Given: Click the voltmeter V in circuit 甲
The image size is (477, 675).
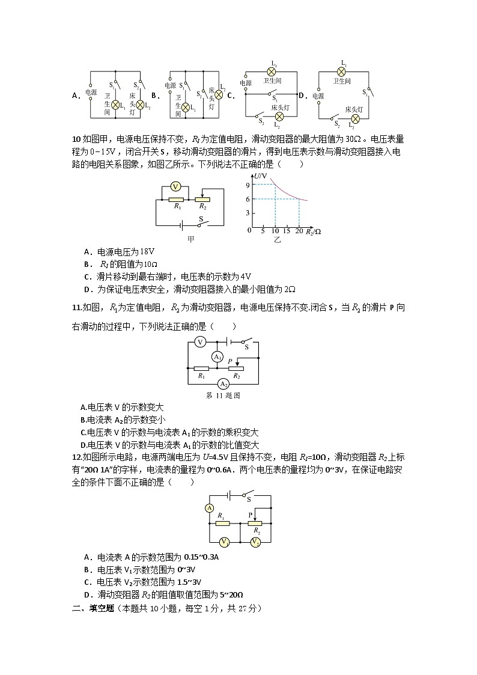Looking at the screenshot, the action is point(175,186).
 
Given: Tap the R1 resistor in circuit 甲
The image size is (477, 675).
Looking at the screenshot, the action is point(176,199).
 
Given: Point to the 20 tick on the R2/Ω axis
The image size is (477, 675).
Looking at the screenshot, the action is point(299,231).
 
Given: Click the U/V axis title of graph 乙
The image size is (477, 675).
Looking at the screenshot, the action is point(260,174).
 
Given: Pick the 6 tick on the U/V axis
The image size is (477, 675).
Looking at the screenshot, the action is point(247,198).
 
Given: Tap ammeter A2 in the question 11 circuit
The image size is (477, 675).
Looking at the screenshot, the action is point(222,383).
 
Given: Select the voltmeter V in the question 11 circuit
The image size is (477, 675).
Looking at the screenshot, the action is point(202,342).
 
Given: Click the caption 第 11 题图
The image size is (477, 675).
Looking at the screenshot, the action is point(223,396).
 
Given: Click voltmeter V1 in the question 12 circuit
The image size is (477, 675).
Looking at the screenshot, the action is point(223,542).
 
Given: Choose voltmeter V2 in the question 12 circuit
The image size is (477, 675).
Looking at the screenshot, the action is point(255,542).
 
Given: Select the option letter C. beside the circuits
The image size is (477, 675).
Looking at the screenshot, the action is point(230,95).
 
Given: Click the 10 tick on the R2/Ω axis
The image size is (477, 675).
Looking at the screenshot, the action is point(275,231).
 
